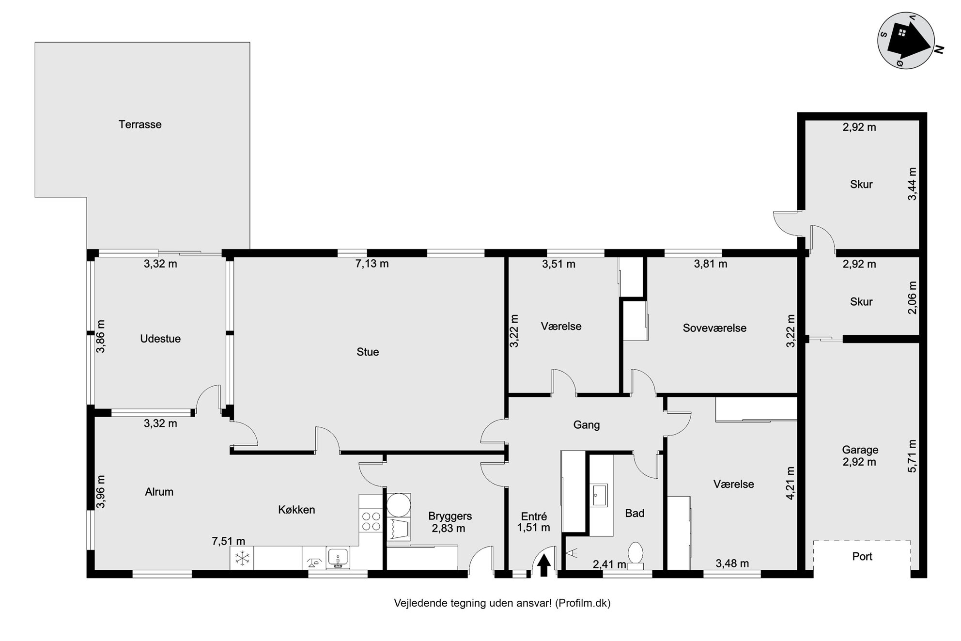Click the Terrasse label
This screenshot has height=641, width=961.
140,125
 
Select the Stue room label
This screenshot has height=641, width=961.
368,352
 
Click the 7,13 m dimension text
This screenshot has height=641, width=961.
372,264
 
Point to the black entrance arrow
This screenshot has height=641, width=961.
543,565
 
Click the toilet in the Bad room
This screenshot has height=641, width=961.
635,555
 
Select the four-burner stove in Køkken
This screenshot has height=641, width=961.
371,521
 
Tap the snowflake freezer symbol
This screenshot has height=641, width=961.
241,558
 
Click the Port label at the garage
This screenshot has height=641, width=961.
862,556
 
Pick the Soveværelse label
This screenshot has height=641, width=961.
714,328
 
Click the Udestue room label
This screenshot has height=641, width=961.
160,339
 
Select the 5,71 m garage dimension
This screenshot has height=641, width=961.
912,456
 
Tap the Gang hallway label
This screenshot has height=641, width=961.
587,425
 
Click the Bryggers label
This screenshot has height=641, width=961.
450,516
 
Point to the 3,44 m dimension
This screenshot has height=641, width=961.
912,184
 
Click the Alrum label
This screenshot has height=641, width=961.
159,492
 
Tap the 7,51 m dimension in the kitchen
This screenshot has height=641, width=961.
228,541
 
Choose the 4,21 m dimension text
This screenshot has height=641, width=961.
790,483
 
